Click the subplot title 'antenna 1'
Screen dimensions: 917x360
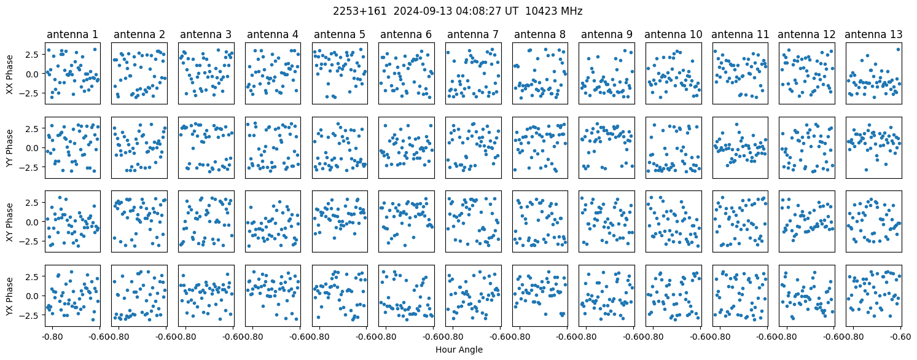[72, 35]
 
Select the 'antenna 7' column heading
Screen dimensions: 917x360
[473, 35]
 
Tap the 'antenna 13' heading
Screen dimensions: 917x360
[873, 35]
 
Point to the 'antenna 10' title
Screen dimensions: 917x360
[673, 35]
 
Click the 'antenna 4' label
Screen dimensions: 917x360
[273, 35]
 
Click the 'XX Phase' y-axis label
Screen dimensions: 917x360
[10, 74]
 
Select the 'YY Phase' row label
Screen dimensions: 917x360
[10, 148]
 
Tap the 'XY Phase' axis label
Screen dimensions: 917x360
[10, 222]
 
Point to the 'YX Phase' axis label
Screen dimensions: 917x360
[10, 295]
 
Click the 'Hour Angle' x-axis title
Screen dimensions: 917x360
[459, 350]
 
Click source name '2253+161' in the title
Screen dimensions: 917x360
[360, 11]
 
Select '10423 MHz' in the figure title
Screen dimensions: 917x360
[554, 11]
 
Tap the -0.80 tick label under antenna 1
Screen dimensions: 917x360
[52, 337]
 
